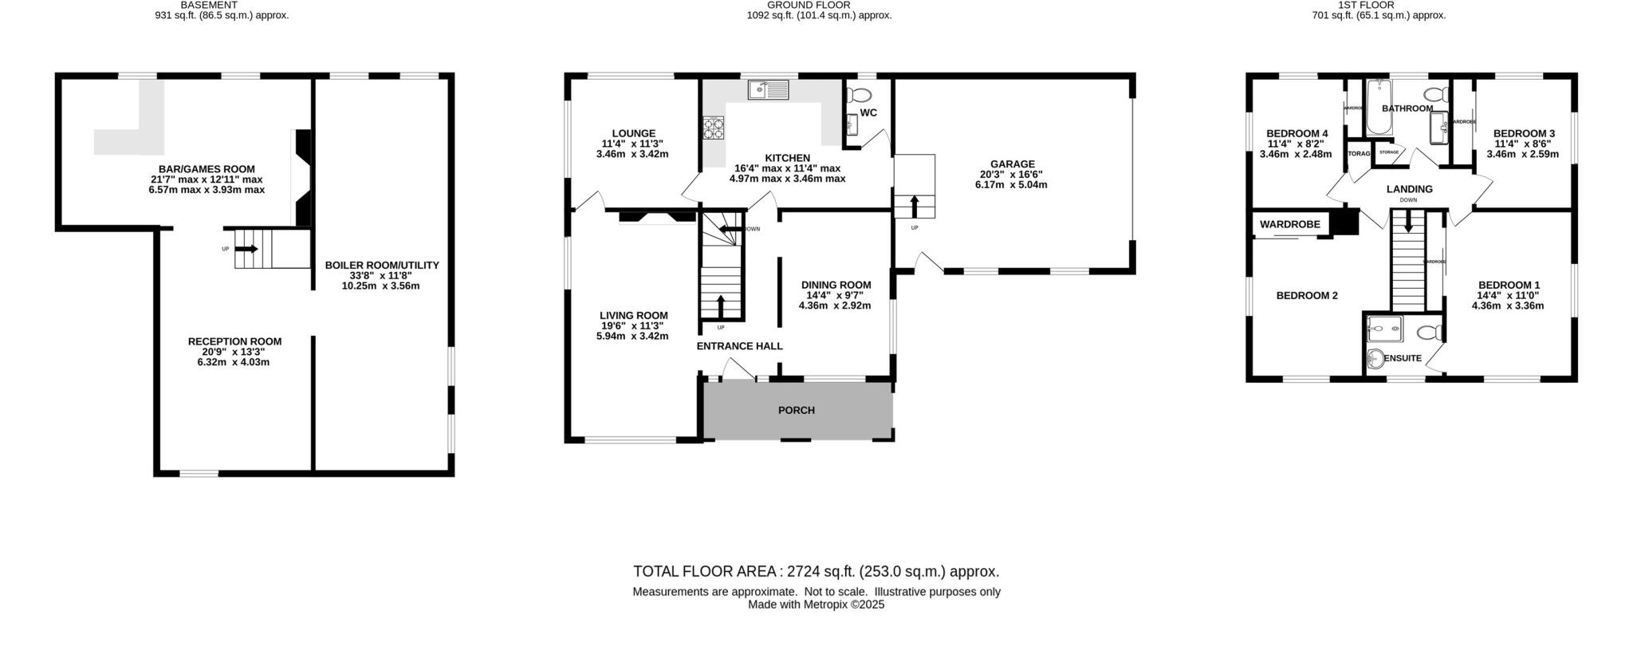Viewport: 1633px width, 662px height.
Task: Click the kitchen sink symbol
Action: [767, 90]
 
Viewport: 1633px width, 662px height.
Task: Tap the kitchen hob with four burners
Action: [713, 128]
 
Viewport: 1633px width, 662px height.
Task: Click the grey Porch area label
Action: [796, 410]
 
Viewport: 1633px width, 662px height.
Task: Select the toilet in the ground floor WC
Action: [860, 95]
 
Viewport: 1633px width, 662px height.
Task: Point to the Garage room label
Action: [1012, 164]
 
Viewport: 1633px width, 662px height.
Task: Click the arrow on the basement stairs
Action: [246, 249]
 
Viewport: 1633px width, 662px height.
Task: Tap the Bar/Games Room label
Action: [207, 169]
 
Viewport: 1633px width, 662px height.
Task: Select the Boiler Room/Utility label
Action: [381, 266]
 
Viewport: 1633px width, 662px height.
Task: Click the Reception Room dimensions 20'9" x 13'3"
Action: [234, 352]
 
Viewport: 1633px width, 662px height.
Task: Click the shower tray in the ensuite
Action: [1384, 327]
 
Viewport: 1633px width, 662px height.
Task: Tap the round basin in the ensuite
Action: [1377, 361]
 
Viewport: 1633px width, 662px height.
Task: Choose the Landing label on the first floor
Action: [1409, 189]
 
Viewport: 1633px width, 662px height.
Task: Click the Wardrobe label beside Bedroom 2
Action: [1289, 225]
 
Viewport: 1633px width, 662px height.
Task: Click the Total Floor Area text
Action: [815, 571]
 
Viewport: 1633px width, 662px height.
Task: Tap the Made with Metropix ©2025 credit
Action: [816, 605]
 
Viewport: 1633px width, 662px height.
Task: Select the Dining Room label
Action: [836, 285]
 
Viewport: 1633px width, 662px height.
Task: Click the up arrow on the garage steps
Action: [913, 205]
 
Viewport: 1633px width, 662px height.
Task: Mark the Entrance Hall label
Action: [739, 346]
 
